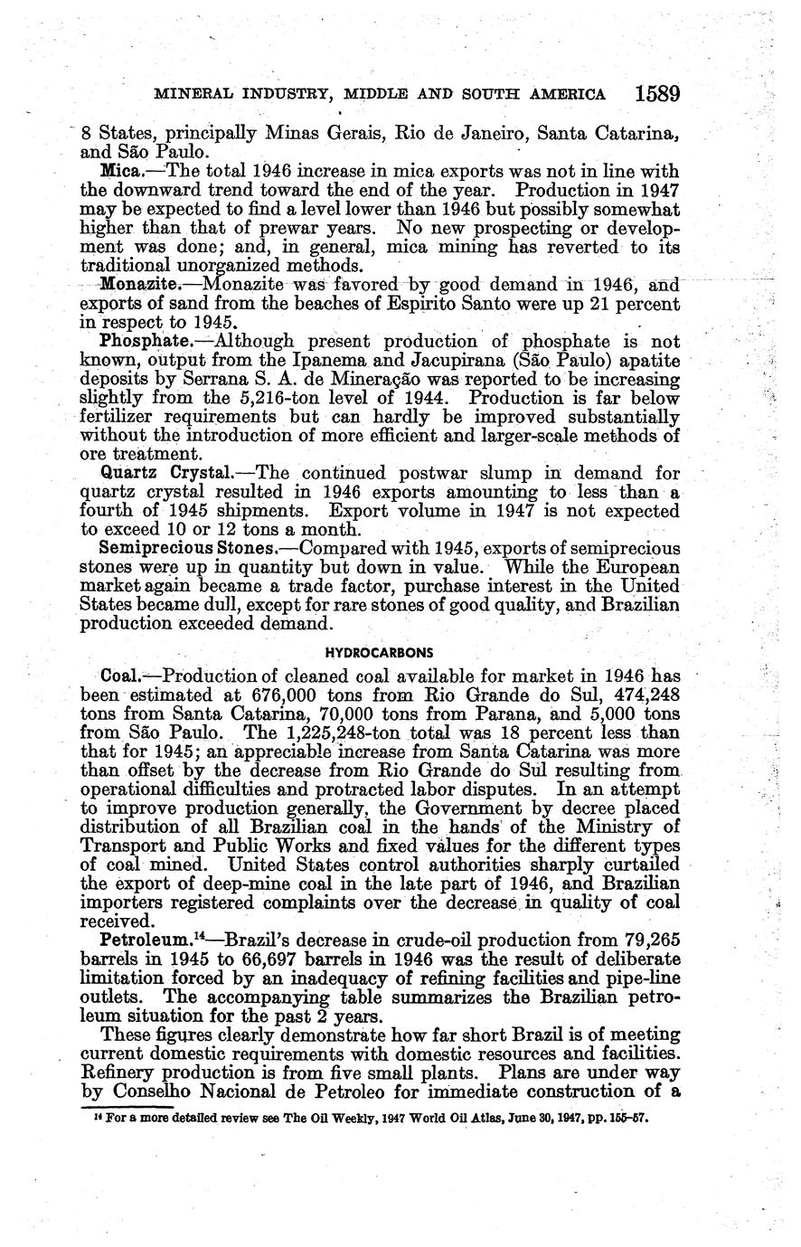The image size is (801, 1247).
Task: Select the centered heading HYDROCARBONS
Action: (x=379, y=651)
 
